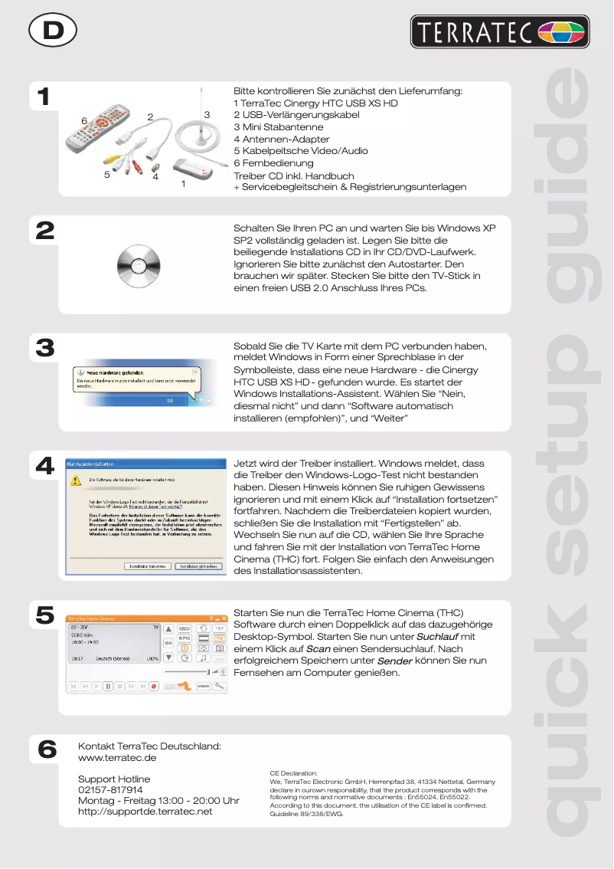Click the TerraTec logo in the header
point(498,32)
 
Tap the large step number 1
point(45,98)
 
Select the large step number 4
point(45,466)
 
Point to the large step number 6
point(46,749)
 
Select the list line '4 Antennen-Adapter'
point(281,139)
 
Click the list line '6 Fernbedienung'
point(273,163)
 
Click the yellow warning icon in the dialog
point(76,481)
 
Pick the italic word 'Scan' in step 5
point(318,649)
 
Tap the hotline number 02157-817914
point(110,789)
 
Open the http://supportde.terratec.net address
point(145,811)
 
